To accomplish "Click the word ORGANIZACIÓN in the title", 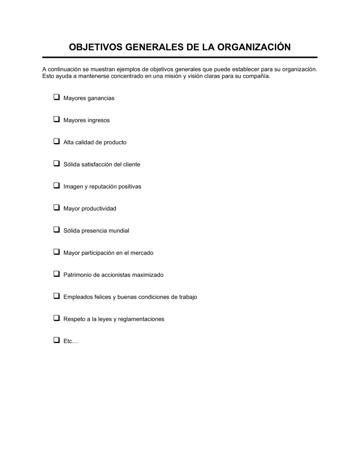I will (x=254, y=47).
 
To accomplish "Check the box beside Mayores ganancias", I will (x=57, y=97).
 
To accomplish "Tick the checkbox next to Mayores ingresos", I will (x=57, y=119).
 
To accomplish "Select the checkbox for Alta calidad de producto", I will (x=57, y=141).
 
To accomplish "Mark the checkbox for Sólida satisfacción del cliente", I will (x=57, y=163).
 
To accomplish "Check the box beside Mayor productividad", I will (x=57, y=208).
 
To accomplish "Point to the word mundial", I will (x=119, y=231).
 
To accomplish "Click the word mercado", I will (x=142, y=253).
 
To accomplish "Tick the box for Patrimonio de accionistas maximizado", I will (x=57, y=274).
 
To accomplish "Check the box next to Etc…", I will (x=57, y=340).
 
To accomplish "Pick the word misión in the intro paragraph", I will (x=172, y=76).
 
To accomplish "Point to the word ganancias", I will (x=101, y=98).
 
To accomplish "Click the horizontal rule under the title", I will (x=180, y=57).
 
